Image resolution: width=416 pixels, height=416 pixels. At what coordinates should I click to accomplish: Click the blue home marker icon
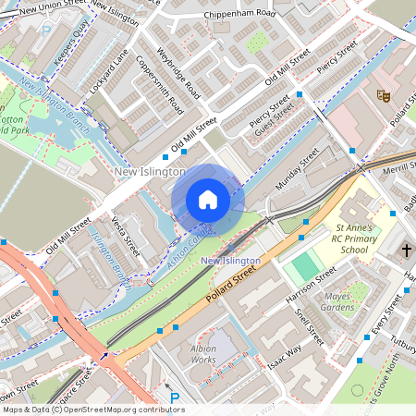[208, 200]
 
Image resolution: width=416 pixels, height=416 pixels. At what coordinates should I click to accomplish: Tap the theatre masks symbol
[382, 95]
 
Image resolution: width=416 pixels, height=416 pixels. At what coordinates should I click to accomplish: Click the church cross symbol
[407, 251]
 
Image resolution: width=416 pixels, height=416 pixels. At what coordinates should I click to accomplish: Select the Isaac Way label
[286, 355]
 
